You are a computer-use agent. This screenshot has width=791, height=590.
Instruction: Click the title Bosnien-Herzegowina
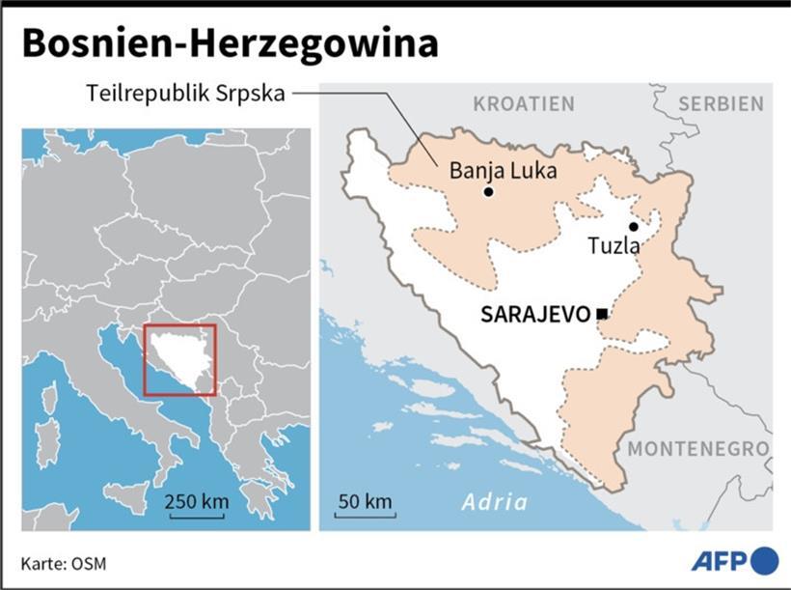pyautogui.click(x=230, y=44)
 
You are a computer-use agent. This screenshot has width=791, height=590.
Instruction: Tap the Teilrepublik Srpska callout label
pyautogui.click(x=186, y=94)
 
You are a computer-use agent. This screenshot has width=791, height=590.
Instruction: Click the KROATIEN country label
pyautogui.click(x=524, y=104)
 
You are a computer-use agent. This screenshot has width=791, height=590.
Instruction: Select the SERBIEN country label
pyautogui.click(x=721, y=104)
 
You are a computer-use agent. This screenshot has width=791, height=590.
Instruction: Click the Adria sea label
pyautogui.click(x=495, y=502)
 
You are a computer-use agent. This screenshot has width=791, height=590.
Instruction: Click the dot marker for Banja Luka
pyautogui.click(x=489, y=192)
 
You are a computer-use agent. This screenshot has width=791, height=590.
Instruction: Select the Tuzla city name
pyautogui.click(x=614, y=246)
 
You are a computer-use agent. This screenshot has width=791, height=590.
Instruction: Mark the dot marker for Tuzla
pyautogui.click(x=633, y=226)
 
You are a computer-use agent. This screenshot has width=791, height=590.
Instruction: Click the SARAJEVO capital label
pyautogui.click(x=535, y=314)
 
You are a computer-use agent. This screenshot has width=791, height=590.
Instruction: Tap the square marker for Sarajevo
pyautogui.click(x=602, y=314)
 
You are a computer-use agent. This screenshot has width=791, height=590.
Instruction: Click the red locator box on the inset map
pyautogui.click(x=180, y=360)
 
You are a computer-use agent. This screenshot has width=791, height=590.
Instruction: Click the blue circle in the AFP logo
pyautogui.click(x=764, y=560)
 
